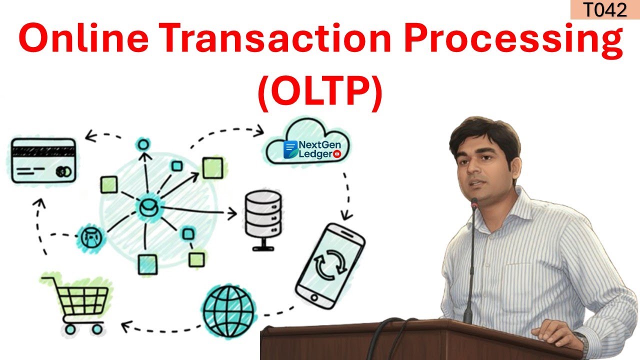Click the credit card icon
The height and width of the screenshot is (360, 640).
pyautogui.click(x=44, y=160)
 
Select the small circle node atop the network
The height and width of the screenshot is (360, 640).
pyautogui.click(x=143, y=145)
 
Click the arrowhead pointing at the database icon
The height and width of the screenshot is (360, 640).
pyautogui.click(x=233, y=214)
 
